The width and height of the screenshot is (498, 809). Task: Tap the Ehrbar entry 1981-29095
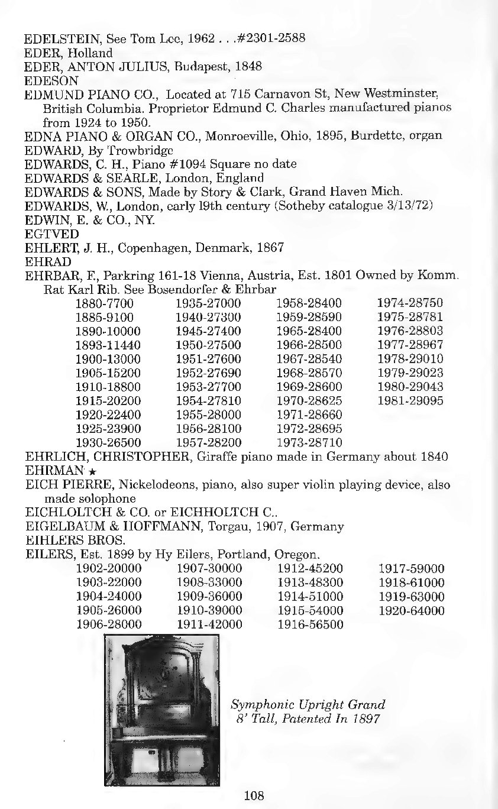tap(410, 401)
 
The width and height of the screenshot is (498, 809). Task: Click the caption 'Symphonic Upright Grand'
tap(308, 705)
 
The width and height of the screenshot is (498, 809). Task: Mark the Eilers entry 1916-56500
tap(310, 625)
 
